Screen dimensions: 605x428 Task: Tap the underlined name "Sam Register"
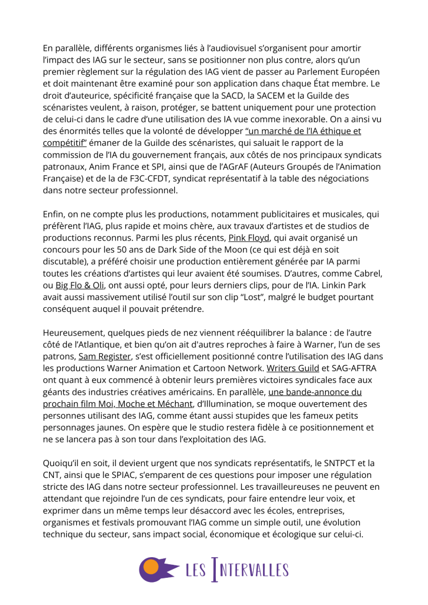pyautogui.click(x=105, y=356)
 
